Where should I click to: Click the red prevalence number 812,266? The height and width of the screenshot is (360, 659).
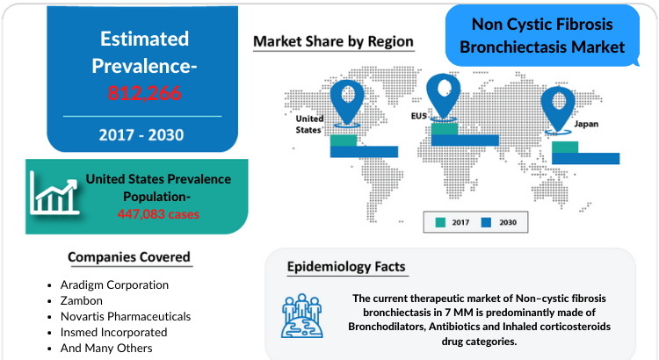pos(144,93)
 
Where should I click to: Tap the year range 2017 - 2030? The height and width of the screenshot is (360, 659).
pos(141,135)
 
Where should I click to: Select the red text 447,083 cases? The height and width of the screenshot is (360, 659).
pos(158,214)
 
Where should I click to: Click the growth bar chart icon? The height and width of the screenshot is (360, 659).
pos(54,193)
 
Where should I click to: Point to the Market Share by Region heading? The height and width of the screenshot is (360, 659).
pos(333,41)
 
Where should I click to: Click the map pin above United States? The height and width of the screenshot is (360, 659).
pos(347,103)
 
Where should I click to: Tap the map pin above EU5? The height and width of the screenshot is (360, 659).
pos(443,97)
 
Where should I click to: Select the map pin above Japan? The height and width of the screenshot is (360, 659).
pos(558,109)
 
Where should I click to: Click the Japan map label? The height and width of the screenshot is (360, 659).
pos(586,124)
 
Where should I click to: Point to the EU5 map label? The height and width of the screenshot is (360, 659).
pos(418,116)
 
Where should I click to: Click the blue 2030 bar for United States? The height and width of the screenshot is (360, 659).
pos(364,152)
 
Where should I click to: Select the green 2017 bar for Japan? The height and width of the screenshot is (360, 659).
pos(565,147)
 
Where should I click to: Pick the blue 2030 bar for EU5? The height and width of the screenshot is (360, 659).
pos(465,140)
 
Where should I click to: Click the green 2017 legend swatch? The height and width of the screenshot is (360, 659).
pos(440,222)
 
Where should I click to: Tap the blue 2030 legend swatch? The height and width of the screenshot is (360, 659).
pos(486,222)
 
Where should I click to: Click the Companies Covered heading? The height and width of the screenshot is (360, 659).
pos(129,257)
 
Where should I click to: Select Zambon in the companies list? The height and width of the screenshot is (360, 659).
pos(82,301)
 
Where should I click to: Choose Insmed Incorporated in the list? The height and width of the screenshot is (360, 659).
pos(114,332)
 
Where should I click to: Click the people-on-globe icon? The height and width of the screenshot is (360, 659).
pos(302,316)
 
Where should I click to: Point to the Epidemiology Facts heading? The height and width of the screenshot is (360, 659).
pos(346,267)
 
